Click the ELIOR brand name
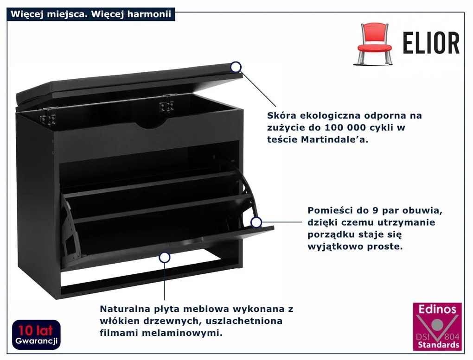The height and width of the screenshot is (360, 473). tap(431, 44)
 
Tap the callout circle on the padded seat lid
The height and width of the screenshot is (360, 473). tap(236, 67)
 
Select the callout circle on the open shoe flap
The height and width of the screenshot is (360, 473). tap(256, 222)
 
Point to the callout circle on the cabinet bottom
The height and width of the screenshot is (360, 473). tap(164, 258)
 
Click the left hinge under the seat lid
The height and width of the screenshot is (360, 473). tap(48, 116)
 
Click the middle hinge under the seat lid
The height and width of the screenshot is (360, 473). tap(165, 104)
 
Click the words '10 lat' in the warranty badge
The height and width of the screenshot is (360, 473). tap(36, 330)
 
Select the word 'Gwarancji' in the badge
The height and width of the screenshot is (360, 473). tap(36, 341)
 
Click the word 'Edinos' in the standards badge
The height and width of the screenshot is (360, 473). tap(437, 310)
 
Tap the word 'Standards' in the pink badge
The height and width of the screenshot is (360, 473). tap(437, 345)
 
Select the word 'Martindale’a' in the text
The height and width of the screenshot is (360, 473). tap(337, 139)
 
